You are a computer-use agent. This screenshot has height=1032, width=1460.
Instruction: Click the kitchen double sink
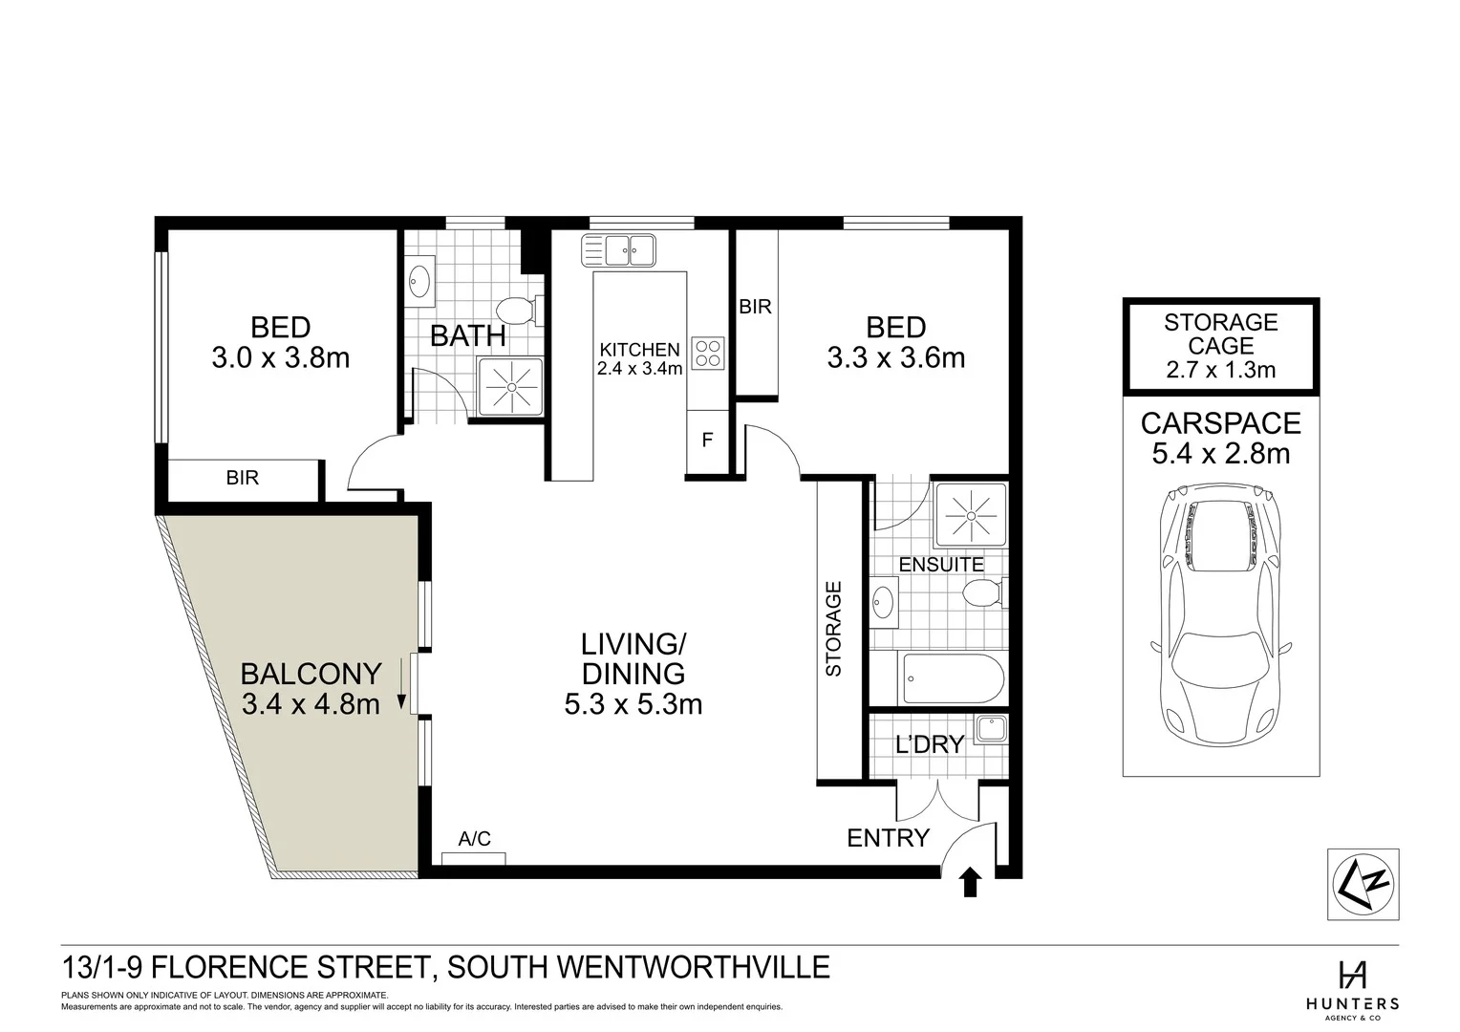[618, 251]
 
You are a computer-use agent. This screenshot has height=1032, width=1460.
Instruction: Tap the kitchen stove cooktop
[707, 353]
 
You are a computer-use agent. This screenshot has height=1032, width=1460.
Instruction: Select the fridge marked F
[707, 441]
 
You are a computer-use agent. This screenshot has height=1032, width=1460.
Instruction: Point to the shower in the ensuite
[970, 514]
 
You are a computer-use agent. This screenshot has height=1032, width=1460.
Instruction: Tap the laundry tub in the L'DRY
[991, 730]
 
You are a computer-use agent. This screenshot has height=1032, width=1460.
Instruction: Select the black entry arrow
[970, 881]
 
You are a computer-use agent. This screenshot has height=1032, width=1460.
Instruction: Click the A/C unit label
[475, 839]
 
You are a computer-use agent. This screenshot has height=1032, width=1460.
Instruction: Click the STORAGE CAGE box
[1220, 346]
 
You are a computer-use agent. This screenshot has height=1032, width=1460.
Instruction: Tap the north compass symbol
[1363, 885]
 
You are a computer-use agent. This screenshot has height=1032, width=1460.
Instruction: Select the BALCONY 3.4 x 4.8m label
[311, 689]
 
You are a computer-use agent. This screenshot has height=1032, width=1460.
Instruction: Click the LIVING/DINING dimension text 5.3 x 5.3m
[633, 705]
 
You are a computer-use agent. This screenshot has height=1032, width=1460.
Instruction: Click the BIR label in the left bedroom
[243, 477]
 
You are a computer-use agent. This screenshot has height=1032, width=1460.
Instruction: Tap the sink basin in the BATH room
[419, 281]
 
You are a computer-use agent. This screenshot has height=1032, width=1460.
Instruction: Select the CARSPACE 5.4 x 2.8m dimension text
[1220, 453]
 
